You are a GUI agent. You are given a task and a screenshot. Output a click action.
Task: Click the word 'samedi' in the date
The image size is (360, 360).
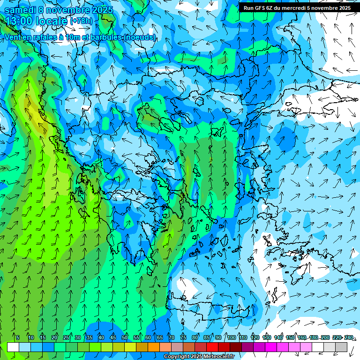coord(21,9)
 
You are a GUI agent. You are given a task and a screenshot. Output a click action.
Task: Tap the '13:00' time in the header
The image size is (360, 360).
coord(18,21)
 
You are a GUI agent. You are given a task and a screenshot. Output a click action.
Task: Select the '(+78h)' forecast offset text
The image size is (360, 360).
coord(81,21)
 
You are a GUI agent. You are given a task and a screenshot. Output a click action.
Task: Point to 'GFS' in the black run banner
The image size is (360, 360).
coord(261,8)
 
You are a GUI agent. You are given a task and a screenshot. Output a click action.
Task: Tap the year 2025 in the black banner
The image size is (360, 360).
coord(343,8)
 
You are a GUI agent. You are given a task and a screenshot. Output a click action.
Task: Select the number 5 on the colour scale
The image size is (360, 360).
coord(18,337)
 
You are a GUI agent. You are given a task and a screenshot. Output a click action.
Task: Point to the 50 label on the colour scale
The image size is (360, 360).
coord(125,337)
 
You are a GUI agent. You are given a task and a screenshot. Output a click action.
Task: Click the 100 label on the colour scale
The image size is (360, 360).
coord(232,337)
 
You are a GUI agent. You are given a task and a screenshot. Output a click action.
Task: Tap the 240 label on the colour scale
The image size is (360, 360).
coord(349,337)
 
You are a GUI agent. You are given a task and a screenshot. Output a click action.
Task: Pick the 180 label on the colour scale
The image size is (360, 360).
coord(314,337)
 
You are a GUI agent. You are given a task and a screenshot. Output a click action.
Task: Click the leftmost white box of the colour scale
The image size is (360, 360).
coord(13,347)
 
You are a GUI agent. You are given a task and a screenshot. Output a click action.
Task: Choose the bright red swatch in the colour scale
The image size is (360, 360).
coord(212,347)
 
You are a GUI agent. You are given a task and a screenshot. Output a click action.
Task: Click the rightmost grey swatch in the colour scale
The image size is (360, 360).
coord(341,347)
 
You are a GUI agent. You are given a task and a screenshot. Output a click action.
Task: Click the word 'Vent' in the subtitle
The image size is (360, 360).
coord(13,37)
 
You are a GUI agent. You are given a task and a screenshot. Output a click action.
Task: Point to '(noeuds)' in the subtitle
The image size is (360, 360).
coord(140,37)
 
